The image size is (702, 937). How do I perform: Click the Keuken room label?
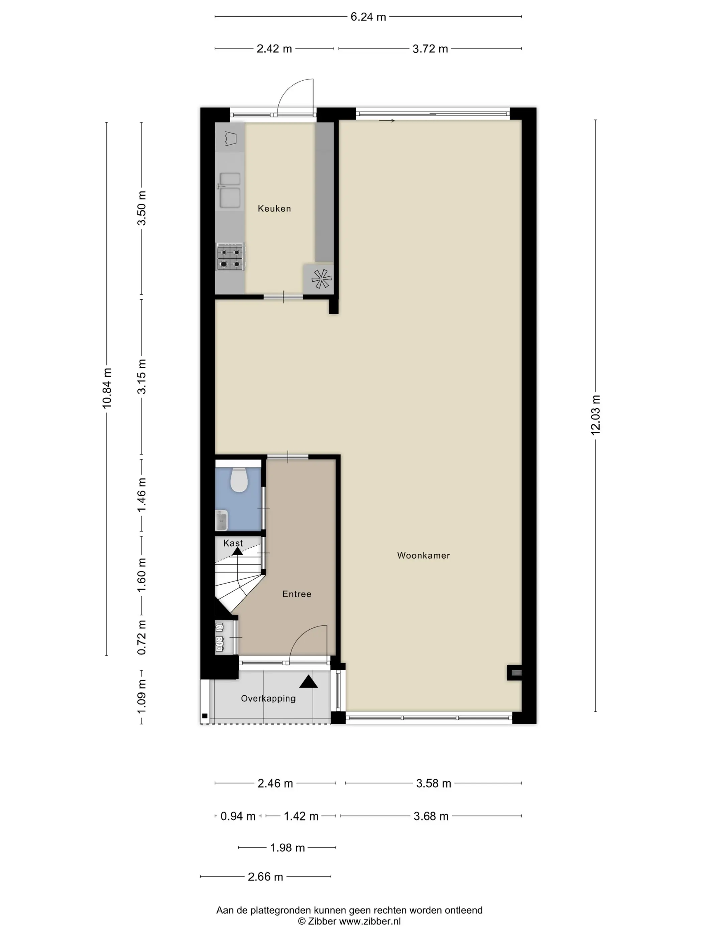(x=274, y=208)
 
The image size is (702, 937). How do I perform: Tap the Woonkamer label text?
(x=423, y=555)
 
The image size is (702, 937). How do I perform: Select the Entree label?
(x=297, y=594)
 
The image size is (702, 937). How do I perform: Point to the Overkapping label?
(x=268, y=698)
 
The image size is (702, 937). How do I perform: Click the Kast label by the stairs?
(x=233, y=543)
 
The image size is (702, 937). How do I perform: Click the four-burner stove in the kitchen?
(x=230, y=257)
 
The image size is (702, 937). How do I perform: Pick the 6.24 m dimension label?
(x=368, y=17)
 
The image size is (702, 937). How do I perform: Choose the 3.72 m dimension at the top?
(x=430, y=49)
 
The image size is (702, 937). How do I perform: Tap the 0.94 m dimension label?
(x=238, y=816)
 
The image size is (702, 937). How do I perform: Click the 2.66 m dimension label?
(x=265, y=877)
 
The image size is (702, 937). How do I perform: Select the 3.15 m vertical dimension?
(x=142, y=376)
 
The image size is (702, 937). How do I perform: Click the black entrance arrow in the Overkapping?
(x=309, y=682)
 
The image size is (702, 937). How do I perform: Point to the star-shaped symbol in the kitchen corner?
(x=321, y=279)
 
